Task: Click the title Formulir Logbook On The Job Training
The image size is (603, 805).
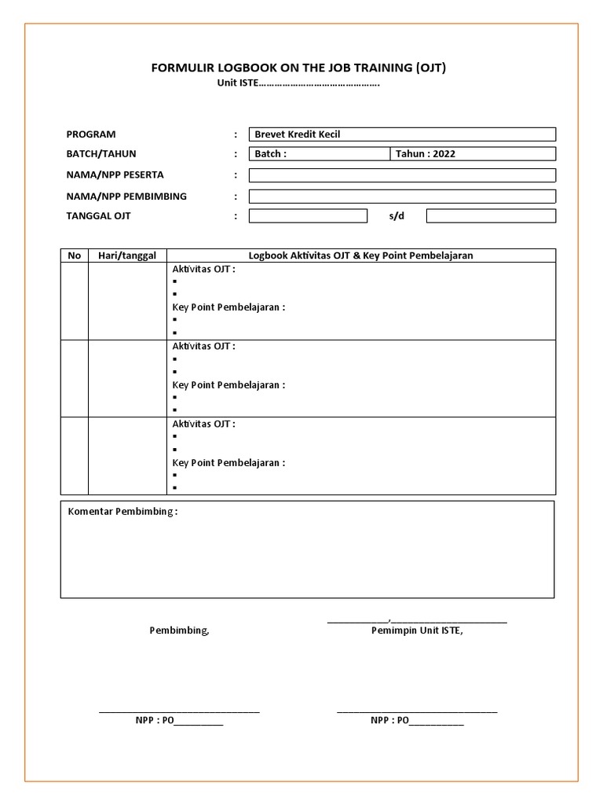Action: point(298,68)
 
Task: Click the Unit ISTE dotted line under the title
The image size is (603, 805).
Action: point(298,83)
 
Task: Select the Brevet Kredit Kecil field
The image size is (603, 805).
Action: point(402,134)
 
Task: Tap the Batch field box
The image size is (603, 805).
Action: point(319,154)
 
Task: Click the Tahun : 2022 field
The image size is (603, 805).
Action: point(473,154)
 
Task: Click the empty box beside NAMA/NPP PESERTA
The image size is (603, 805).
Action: point(402,175)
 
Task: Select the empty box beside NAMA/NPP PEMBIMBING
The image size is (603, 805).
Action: point(402,196)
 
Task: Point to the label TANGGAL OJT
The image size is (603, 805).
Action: point(99,216)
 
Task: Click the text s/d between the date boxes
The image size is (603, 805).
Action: point(397,216)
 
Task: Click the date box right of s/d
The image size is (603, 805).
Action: point(491,216)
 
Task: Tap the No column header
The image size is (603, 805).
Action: point(75,255)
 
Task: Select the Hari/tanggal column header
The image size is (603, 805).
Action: point(127,255)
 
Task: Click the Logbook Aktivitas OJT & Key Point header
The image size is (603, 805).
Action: point(361,255)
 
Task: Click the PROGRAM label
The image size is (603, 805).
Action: point(91,134)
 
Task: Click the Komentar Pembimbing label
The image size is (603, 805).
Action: point(122,512)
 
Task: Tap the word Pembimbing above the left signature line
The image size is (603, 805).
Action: point(179,630)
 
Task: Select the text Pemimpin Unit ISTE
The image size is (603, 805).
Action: point(417,630)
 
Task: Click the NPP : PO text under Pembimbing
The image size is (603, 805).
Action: point(179,720)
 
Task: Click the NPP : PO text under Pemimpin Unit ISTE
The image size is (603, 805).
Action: point(417,720)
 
